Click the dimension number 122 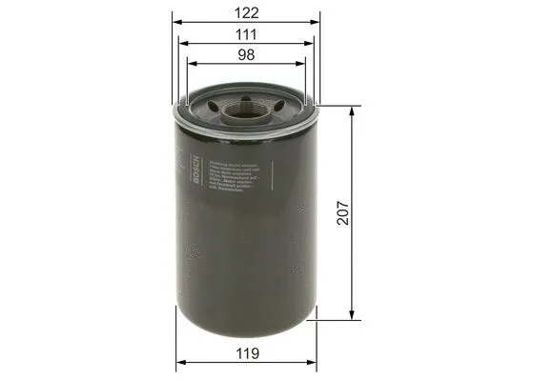[248, 14]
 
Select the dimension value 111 [248, 35]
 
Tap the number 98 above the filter [248, 56]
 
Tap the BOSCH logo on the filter [197, 171]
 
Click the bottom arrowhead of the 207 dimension [354, 319]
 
